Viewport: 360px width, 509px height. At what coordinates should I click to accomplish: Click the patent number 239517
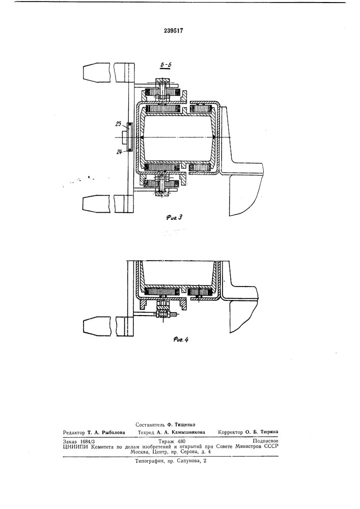pyautogui.click(x=173, y=31)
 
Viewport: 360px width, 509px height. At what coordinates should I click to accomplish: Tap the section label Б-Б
pyautogui.click(x=167, y=65)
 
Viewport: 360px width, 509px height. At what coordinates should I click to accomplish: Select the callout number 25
pyautogui.click(x=118, y=123)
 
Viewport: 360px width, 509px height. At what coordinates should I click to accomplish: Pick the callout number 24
pyautogui.click(x=119, y=151)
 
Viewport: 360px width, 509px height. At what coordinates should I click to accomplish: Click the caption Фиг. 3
pyautogui.click(x=174, y=217)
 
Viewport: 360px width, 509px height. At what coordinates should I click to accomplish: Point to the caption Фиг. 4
pyautogui.click(x=181, y=340)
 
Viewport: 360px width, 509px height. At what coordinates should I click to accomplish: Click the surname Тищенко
pyautogui.click(x=185, y=425)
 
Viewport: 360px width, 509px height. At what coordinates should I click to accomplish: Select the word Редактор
pyautogui.click(x=74, y=432)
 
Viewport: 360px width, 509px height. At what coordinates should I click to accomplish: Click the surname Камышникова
pyautogui.click(x=188, y=432)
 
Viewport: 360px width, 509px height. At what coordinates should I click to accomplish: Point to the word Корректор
pyautogui.click(x=231, y=432)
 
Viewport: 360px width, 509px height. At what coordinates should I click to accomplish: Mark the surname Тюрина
pyautogui.click(x=269, y=432)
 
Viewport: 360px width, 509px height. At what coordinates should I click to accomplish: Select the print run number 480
pyautogui.click(x=181, y=441)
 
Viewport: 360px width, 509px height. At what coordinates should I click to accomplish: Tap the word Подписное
pyautogui.click(x=265, y=441)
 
